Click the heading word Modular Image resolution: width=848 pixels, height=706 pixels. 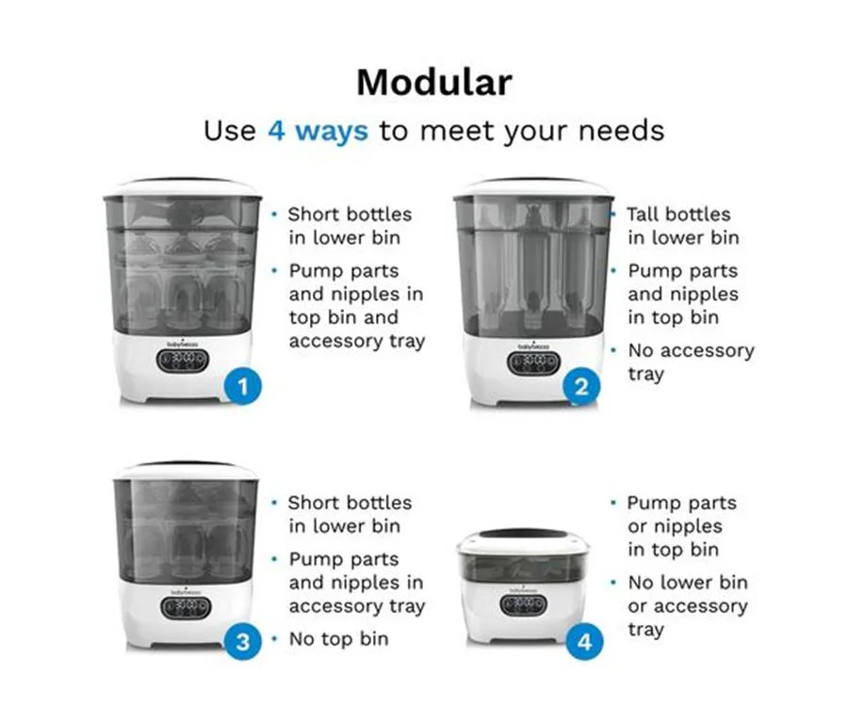coord(434,83)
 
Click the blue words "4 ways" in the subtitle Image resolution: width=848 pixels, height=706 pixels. coord(318,131)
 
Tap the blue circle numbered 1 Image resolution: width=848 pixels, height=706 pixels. coord(243,386)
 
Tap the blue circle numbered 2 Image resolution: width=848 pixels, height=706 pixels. coord(581,386)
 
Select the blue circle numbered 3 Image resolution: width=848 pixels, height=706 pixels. coord(243,641)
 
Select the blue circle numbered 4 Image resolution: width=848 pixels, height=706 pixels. coord(584,642)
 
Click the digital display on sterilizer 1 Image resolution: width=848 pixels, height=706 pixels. coord(183,361)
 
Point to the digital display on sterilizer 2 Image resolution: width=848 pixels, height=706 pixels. coord(534,363)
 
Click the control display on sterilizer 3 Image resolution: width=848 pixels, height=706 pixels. coord(186,608)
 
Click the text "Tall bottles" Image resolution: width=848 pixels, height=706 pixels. coord(678,215)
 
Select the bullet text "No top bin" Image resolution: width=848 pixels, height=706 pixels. coord(338,639)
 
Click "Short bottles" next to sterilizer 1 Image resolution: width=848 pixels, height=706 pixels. coord(350,215)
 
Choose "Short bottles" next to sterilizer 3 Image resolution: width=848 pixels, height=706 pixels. coord(350,503)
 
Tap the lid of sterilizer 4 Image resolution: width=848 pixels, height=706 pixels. coord(521,538)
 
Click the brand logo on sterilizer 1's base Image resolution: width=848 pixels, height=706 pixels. coord(182,343)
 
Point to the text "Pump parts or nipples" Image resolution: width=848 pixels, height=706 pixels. coord(681,514)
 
